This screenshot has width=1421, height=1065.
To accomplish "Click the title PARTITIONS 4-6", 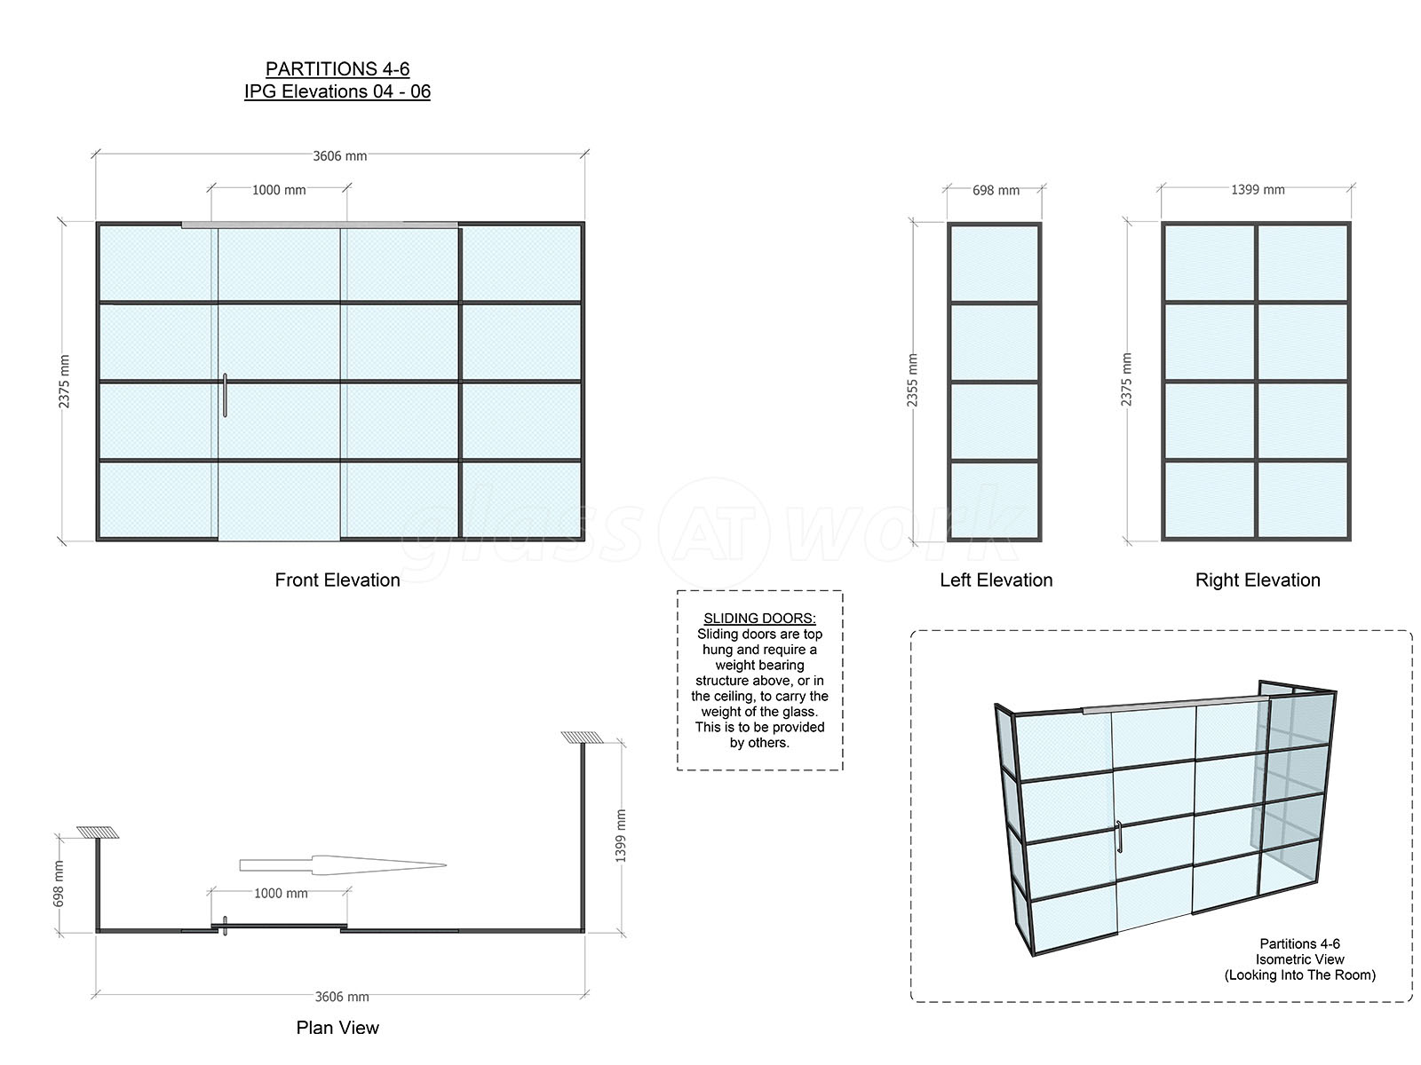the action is coord(337,68).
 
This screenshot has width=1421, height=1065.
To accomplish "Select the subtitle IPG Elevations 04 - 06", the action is coord(337,91).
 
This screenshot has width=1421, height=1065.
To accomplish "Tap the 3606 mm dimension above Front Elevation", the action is coord(340,156).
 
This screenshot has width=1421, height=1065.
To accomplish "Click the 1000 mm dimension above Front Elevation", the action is coord(278,190).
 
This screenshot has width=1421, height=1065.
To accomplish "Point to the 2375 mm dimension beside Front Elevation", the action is coord(64,382).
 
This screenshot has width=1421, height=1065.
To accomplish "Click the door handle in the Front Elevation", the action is coord(225,395).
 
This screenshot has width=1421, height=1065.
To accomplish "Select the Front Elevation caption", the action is coord(337,580).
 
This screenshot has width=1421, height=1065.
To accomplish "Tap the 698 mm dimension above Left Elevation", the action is coord(996,191).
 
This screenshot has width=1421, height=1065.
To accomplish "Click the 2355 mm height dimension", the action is coord(912,380).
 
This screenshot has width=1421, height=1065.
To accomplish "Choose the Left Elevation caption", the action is coord(996,580).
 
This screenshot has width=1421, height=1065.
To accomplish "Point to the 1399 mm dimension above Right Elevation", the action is coord(1258,190).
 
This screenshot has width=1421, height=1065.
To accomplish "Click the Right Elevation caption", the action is coord(1258,580).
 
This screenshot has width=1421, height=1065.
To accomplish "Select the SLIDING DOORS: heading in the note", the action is coord(759,619).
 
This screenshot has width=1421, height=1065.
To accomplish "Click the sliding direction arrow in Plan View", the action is coord(343,865).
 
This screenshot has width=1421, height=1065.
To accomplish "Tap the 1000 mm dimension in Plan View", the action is coord(281,894).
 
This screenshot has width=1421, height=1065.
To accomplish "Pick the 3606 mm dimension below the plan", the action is coord(342,997).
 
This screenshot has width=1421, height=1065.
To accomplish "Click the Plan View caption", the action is coord(337,1028).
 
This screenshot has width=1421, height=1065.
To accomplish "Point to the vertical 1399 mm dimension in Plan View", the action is coord(620,836).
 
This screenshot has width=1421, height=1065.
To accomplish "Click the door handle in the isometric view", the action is coord(1119,837).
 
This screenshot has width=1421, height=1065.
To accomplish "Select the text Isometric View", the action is coord(1300,959).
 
